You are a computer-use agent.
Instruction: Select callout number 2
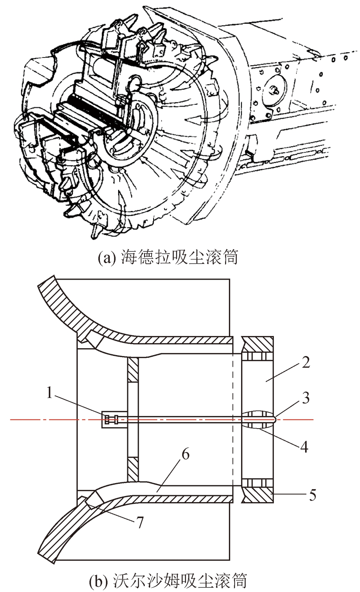pos(305,362)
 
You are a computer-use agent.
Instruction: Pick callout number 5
pos(312,496)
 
